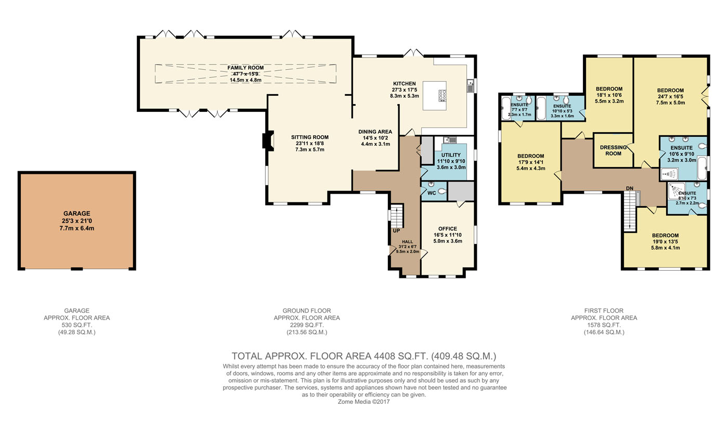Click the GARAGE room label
click(x=77, y=213)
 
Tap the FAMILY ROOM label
click(x=245, y=68)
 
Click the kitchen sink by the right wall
click(x=471, y=86)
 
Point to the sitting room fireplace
click(x=268, y=141)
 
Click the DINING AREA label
click(x=375, y=132)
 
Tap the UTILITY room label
click(x=451, y=155)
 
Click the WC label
click(x=432, y=193)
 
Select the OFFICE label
click(x=448, y=229)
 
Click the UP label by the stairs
click(x=396, y=231)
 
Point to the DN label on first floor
click(x=630, y=188)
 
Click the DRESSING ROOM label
click(x=613, y=150)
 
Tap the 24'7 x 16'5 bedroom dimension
click(x=670, y=97)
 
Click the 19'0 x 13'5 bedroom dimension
click(x=665, y=242)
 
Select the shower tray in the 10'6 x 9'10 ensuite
click(x=670, y=174)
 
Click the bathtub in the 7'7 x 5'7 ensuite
click(x=506, y=108)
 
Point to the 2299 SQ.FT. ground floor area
click(x=307, y=325)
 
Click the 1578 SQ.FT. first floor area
click(x=604, y=325)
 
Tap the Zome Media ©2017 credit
click(x=363, y=402)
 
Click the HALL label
click(x=407, y=242)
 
